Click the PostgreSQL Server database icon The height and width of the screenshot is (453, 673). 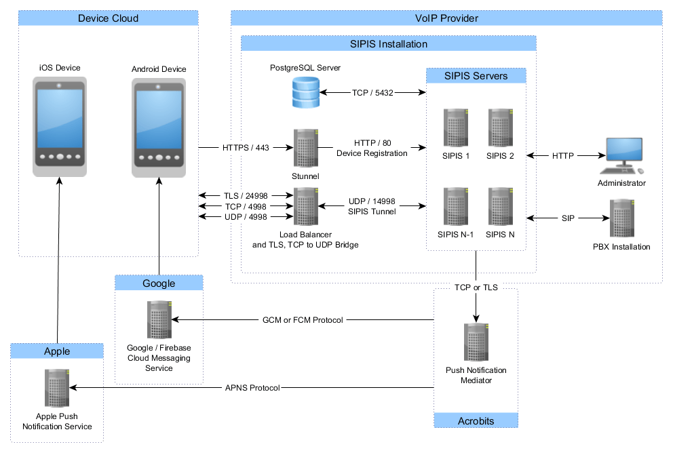305,92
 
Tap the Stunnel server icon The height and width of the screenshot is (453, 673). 305,148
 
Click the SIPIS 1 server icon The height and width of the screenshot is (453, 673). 455,127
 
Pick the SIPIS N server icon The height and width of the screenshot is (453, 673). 500,207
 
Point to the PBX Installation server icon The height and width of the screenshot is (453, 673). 621,218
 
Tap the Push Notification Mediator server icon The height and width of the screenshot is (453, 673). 476,343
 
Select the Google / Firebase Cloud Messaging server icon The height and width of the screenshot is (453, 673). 159,319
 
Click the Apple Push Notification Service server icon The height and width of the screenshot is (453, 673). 57,389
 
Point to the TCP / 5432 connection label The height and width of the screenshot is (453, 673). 372,92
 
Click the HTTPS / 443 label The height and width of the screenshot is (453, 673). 245,147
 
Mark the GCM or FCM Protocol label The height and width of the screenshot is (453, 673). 303,319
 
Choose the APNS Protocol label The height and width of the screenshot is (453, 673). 252,388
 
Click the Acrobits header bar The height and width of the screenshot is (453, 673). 476,420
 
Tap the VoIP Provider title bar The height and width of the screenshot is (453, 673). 446,18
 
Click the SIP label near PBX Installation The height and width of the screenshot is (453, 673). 568,218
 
